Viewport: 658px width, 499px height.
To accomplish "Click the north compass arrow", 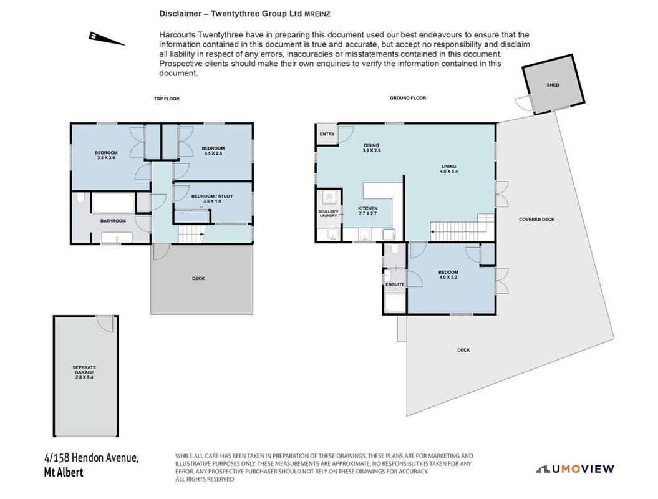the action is tap(106, 38).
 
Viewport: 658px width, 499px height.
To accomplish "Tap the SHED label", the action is tap(553, 85).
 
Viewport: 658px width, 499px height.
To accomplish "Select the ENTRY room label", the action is tap(327, 134).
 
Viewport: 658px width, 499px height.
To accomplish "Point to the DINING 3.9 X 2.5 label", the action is tap(371, 148).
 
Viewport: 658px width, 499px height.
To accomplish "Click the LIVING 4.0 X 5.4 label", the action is tap(448, 168).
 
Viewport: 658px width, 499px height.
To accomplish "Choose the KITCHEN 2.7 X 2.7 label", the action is tap(367, 211).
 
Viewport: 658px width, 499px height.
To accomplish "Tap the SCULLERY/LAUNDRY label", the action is tap(328, 213).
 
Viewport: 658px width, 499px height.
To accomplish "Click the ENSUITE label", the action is tap(395, 284).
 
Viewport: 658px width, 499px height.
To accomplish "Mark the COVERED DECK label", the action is tap(536, 220).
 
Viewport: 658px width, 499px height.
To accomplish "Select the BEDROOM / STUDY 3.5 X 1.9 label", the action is tap(212, 198).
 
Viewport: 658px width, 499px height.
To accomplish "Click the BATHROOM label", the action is tap(113, 221).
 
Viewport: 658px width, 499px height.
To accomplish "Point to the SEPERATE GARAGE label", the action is tap(84, 372).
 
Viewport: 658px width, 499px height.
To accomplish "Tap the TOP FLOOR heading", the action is tap(167, 99).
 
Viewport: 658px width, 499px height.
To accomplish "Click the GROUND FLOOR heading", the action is tap(408, 98).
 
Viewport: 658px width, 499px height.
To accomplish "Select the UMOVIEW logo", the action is tap(575, 469).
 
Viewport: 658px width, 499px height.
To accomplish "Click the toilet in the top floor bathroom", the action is tap(82, 198).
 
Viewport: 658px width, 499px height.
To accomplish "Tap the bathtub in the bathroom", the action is tap(113, 203).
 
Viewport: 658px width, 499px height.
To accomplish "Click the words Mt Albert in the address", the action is tap(64, 472).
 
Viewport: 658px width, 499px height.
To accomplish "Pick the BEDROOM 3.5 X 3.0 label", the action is tap(106, 155).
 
